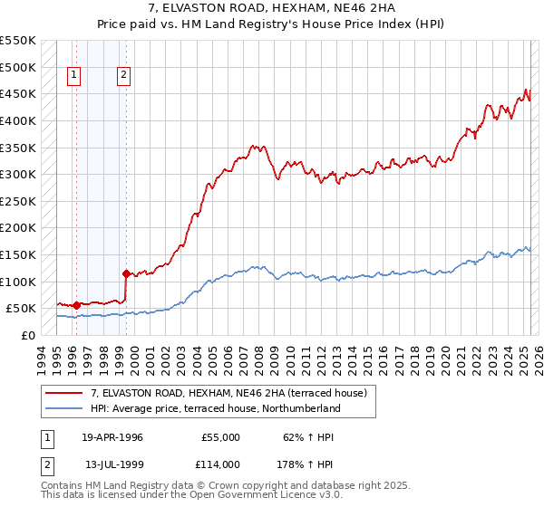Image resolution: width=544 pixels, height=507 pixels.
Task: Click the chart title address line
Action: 271,8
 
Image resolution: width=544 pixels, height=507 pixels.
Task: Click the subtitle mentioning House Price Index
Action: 271,24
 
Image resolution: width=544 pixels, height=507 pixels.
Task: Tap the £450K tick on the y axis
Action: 18,93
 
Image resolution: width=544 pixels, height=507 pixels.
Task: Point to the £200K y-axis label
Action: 18,227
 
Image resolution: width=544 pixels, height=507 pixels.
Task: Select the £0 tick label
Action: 27,335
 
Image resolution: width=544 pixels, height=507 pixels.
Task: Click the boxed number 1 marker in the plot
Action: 73,76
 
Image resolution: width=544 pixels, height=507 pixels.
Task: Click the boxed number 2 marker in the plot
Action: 122,76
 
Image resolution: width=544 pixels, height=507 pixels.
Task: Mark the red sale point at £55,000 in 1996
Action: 76,305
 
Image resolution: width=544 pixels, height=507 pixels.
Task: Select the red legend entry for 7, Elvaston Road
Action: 228,393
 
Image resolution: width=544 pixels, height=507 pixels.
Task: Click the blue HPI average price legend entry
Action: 215,408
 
